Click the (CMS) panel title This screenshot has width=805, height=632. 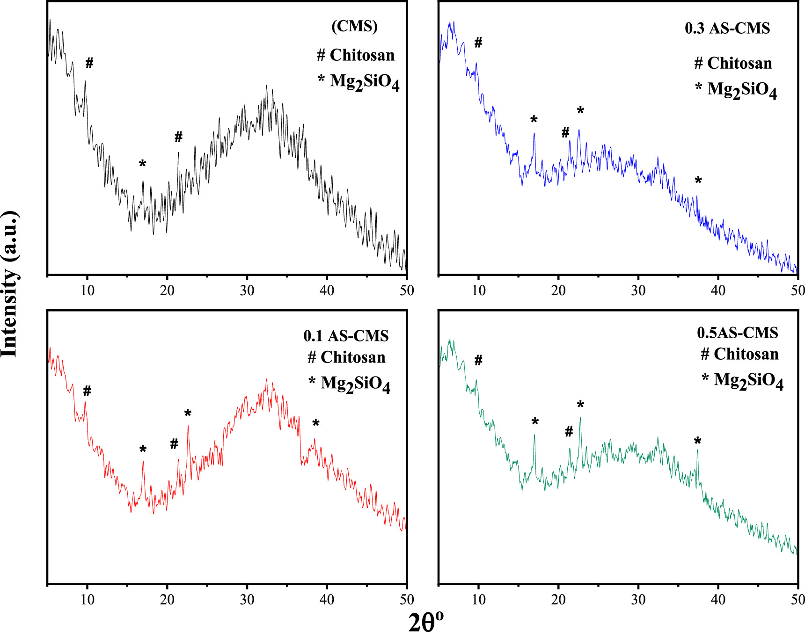point(354,26)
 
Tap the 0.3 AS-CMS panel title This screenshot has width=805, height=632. point(727,28)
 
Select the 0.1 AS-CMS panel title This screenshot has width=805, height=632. point(346,335)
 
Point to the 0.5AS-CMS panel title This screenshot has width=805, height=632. point(737,332)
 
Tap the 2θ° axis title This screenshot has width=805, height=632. point(425,621)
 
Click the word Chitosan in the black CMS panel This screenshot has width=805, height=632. point(362,55)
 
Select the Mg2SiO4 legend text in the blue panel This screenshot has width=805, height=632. point(742,89)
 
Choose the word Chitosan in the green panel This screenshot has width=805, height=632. point(746,354)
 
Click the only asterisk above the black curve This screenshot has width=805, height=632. point(143,164)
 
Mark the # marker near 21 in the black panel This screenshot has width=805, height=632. point(178,137)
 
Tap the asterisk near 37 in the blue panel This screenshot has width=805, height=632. point(698,181)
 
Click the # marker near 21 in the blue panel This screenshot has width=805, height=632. point(565,132)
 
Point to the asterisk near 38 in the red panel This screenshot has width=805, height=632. point(316,423)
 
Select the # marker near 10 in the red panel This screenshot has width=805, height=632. point(87,391)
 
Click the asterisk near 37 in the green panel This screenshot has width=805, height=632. point(697,441)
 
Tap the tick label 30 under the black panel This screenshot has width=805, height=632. point(247,291)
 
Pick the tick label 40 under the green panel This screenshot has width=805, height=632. point(718,599)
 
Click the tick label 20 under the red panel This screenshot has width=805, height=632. point(167,599)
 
